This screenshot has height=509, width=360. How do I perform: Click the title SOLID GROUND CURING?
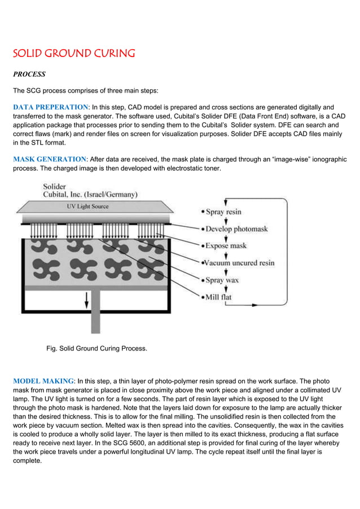pyautogui.click(x=74, y=54)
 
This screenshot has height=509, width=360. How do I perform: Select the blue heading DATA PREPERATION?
pyautogui.click(x=50, y=107)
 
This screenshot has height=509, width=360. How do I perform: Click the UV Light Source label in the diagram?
pyautogui.click(x=84, y=207)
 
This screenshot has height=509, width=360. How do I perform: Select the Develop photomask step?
pyautogui.click(x=236, y=229)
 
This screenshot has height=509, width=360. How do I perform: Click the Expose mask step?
pyautogui.click(x=226, y=246)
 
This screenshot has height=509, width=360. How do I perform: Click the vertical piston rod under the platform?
pyautogui.click(x=95, y=313)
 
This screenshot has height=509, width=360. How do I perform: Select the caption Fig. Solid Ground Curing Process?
pyautogui.click(x=96, y=348)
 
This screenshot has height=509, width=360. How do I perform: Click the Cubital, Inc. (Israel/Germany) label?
pyautogui.click(x=90, y=195)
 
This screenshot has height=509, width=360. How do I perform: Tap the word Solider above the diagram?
pyautogui.click(x=55, y=186)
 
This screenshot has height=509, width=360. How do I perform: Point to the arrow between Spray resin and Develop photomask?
pyautogui.click(x=226, y=221)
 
